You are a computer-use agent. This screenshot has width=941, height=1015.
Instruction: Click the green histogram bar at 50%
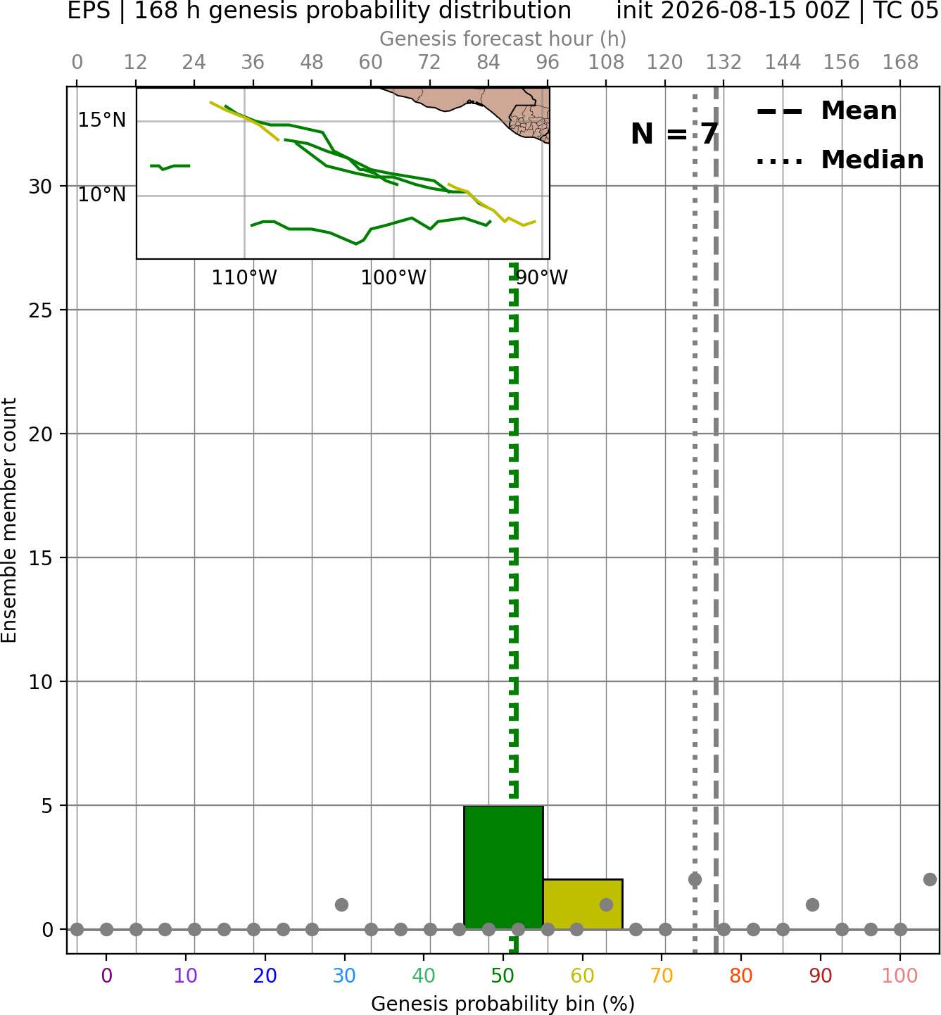pos(503,867)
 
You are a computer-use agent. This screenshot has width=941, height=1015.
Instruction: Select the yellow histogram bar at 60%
pos(583,904)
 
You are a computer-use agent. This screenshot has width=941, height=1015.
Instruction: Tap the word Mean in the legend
pos(859,111)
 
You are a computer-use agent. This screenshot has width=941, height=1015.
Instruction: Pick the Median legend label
pos(873,160)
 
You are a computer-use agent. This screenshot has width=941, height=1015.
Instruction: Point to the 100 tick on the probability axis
pos(900,976)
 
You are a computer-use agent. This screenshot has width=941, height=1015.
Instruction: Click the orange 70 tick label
pos(662,976)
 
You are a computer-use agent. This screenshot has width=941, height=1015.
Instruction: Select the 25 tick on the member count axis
pos(40,310)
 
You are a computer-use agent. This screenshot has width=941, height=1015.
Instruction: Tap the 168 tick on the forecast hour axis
pos(900,63)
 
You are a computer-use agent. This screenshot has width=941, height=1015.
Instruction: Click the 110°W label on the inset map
pos(244,278)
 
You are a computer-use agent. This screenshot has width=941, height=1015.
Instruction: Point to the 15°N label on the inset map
pos(102,120)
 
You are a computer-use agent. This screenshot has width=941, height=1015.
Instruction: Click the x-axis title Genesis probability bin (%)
pos(503,1004)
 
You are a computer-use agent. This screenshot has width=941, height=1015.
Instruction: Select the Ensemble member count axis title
pos(9,520)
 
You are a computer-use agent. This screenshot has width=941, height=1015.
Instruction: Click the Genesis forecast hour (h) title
pos(503,39)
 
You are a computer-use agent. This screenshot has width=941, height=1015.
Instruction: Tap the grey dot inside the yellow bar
pos(606,904)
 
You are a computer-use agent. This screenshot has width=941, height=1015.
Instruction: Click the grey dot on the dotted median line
pos(695,880)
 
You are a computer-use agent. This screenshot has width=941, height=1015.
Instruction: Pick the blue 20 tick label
pos(265,976)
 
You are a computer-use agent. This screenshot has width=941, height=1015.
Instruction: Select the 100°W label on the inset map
pos(393,278)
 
